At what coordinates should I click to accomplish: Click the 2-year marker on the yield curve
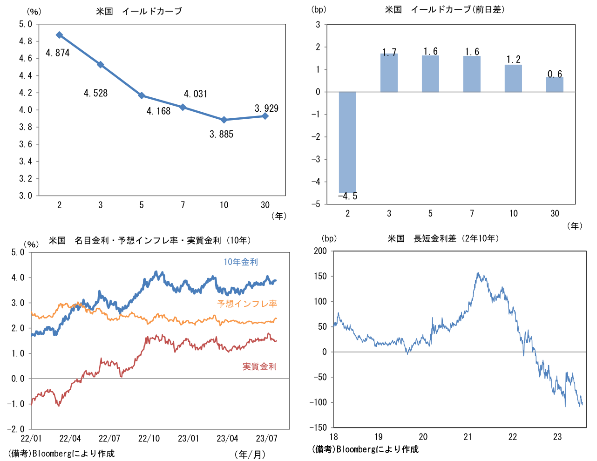tap(59, 35)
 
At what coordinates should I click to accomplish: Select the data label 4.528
tap(95, 93)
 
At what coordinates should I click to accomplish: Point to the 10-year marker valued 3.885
tap(224, 120)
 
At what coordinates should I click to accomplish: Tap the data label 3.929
tap(266, 108)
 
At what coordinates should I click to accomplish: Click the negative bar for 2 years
tap(347, 142)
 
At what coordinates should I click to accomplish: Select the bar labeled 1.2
tap(513, 78)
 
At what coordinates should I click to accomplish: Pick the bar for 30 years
tap(555, 85)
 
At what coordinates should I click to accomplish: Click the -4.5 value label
tap(347, 197)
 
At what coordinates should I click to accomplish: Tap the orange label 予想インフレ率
tap(247, 304)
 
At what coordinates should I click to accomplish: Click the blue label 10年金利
tap(241, 262)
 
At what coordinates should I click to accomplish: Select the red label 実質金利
tap(259, 366)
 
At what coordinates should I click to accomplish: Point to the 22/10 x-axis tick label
tap(149, 438)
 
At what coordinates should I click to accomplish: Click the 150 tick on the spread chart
tap(320, 276)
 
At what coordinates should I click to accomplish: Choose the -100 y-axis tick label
tap(318, 402)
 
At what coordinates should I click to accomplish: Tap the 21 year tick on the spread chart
tap(468, 437)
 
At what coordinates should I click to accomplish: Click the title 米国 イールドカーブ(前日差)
tap(445, 9)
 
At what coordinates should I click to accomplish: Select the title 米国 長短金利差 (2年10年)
tap(443, 238)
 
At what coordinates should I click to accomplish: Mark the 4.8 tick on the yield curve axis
tap(26, 41)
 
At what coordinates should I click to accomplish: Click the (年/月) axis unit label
tap(250, 454)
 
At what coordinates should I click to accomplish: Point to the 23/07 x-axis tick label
tap(267, 438)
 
